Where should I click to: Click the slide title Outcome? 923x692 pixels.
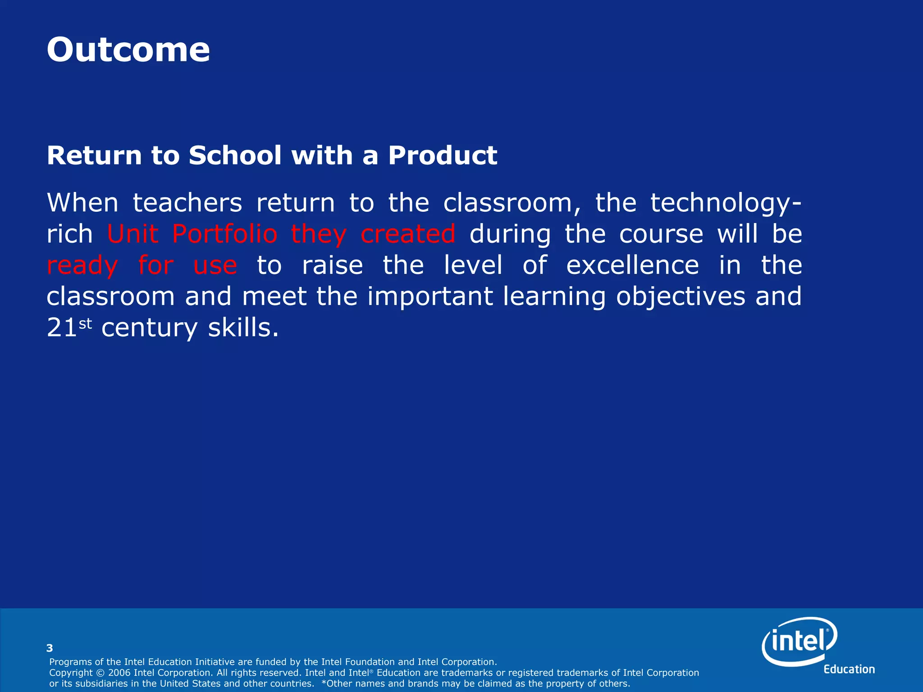[128, 50]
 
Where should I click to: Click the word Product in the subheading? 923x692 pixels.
[443, 155]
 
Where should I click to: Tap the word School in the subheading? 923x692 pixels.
[235, 155]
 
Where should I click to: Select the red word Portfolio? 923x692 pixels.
[224, 234]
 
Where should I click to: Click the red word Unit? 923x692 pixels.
[133, 234]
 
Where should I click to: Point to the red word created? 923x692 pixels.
[408, 234]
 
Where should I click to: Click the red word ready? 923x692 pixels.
[82, 266]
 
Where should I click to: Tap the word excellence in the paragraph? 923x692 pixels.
[632, 265]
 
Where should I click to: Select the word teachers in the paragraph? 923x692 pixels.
[187, 203]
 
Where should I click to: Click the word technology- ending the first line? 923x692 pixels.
[726, 203]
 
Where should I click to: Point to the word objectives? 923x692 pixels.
[681, 296]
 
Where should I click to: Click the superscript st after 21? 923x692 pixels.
[85, 323]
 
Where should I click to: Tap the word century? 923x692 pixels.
[149, 328]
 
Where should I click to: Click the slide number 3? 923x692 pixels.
[50, 648]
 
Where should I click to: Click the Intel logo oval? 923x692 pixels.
[799, 641]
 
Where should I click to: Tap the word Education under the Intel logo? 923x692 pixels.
[849, 669]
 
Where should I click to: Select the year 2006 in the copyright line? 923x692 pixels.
[119, 673]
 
